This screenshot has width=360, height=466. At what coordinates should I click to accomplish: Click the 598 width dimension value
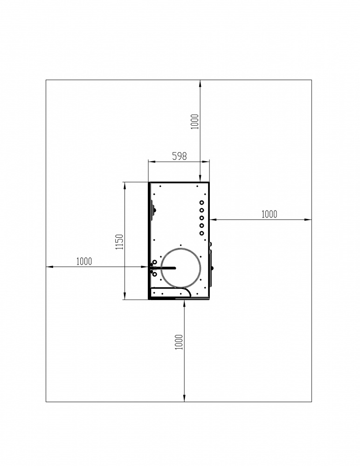[180, 156]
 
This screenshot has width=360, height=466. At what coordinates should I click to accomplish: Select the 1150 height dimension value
[119, 242]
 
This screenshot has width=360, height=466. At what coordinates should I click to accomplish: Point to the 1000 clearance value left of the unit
[84, 261]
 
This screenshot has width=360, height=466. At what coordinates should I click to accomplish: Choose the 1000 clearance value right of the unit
[269, 214]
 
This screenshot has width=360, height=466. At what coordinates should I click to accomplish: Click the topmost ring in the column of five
[202, 203]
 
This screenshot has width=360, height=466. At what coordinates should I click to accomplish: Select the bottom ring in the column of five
[202, 233]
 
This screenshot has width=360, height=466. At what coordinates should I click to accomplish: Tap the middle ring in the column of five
[202, 218]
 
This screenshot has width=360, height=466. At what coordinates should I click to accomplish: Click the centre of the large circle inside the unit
[181, 267]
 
